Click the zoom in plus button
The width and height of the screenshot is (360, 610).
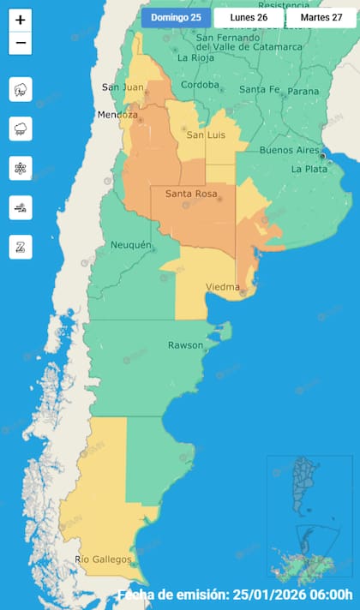coord(21,20)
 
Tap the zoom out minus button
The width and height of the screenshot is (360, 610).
coord(21,43)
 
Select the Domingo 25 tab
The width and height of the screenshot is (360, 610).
coord(176,18)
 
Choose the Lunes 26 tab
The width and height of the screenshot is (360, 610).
coord(249,18)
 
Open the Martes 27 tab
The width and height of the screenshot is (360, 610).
coord(321,18)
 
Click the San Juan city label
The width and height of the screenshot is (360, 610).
coord(122,87)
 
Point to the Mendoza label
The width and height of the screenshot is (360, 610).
coord(117,115)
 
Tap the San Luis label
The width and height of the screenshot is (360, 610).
coord(207,135)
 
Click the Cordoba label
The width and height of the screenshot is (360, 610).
coord(200,85)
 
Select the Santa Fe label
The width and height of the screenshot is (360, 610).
coord(258,90)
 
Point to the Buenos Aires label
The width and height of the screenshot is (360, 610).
coord(289,150)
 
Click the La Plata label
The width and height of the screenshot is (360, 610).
coord(309,169)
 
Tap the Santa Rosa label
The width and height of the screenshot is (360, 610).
coord(189,194)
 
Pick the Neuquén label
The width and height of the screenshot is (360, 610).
coord(131,245)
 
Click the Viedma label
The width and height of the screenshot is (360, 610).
coord(223,287)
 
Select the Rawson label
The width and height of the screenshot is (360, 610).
coord(185,345)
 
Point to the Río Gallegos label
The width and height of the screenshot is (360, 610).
coord(103,559)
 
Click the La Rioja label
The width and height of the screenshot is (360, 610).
coord(195,58)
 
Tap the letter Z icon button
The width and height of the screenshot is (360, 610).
coord(21,247)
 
